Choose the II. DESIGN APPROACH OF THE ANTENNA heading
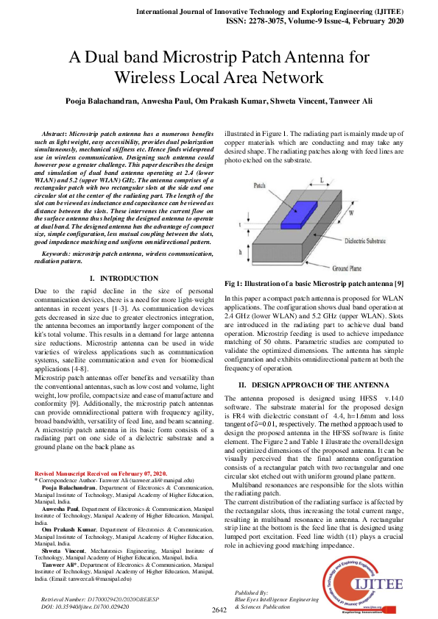321,385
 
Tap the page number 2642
219,610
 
